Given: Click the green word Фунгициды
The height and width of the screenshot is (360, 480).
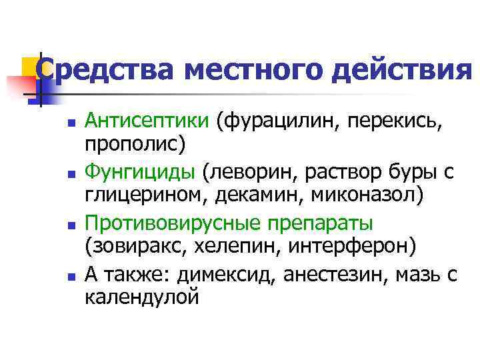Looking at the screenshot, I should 140,172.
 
